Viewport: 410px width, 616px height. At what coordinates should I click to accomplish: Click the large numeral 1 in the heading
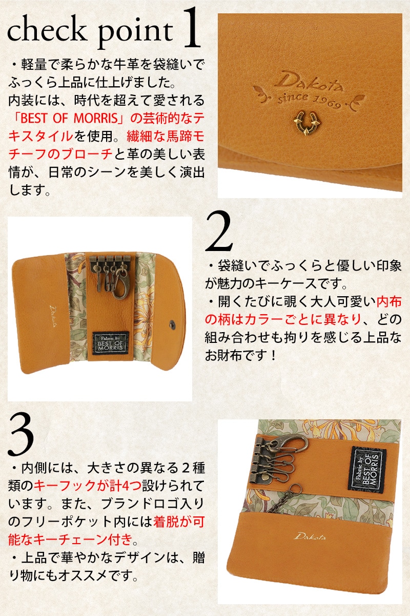pos(192,28)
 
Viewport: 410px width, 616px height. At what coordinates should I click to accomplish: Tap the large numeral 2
pos(219,231)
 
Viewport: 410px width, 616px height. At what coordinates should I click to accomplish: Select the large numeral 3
pos(21,436)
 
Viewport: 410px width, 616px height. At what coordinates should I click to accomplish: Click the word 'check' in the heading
pos(47,32)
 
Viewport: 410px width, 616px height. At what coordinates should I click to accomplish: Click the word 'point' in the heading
pos(135,33)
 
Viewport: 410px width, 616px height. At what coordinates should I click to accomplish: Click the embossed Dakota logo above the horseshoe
pos(309,82)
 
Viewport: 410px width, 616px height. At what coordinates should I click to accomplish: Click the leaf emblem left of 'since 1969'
pos(261,93)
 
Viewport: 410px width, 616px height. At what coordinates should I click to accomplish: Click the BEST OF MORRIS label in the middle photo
pos(110,343)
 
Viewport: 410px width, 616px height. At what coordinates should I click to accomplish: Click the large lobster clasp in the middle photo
pos(120,283)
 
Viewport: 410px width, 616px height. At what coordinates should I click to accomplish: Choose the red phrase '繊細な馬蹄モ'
pos(166,136)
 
